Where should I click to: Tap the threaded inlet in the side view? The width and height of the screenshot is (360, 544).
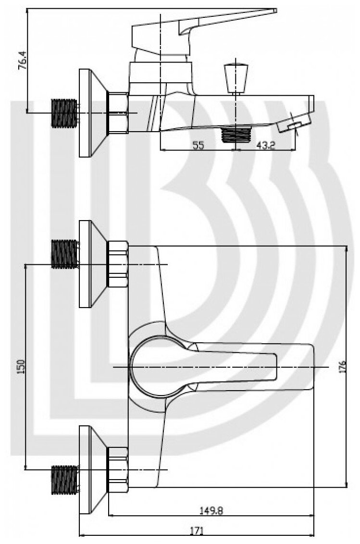[x=64, y=113]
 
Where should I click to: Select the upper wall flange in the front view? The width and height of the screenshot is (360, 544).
[x=91, y=264]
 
